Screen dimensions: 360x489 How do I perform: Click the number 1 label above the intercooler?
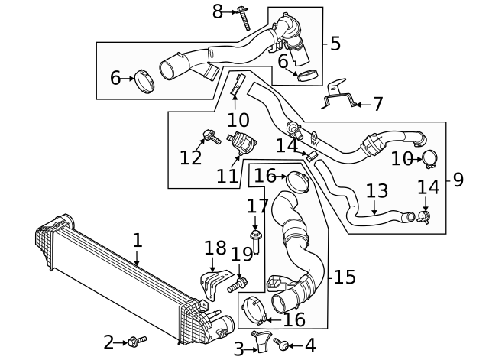tap(137, 240)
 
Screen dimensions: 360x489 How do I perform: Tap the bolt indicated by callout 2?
tap(138, 340)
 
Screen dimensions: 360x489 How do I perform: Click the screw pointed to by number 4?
tap(280, 345)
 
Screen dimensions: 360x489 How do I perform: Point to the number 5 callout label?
tap(335, 44)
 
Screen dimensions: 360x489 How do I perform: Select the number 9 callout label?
tap(458, 180)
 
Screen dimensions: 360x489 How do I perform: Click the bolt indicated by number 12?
tap(208, 138)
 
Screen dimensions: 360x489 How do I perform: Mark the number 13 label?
tap(377, 191)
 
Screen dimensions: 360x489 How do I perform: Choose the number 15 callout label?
tap(345, 277)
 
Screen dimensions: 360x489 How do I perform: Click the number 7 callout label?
tap(377, 104)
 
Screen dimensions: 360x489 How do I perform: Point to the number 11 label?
tap(227, 176)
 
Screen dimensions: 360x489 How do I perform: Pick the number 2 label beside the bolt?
tap(108, 342)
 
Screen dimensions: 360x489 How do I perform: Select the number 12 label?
tap(191, 157)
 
